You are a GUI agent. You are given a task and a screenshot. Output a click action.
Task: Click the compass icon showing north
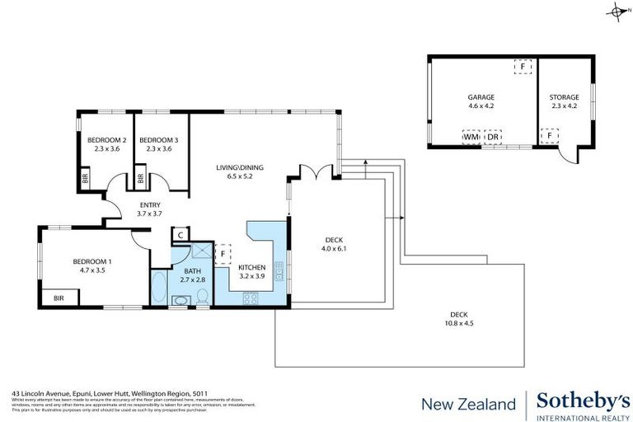coord(617,11)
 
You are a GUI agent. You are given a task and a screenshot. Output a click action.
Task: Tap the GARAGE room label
coord(481,97)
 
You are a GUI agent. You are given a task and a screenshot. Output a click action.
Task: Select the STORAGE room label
coord(565,97)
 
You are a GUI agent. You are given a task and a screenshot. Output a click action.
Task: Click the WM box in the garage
coord(471,137)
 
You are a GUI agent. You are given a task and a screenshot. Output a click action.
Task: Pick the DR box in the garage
coord(493,137)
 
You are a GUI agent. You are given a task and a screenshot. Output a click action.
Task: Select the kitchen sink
coord(279,269)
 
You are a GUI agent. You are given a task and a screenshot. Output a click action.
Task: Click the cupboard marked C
coord(181,235)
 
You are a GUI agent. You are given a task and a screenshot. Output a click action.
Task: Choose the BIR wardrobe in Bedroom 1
coord(59,298)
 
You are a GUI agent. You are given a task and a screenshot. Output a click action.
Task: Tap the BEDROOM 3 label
coord(158,139)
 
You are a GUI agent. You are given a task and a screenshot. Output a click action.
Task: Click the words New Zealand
coord(467,404)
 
